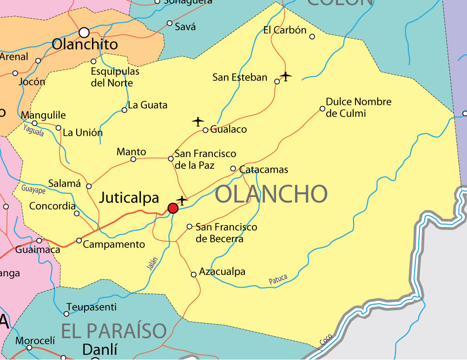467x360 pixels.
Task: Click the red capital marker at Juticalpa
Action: pyautogui.click(x=173, y=208)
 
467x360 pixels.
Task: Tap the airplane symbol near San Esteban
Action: pyautogui.click(x=286, y=76)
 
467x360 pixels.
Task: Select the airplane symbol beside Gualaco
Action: pyautogui.click(x=198, y=122)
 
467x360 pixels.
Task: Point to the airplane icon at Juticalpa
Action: pyautogui.click(x=182, y=201)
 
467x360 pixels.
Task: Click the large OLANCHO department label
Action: pyautogui.click(x=271, y=194)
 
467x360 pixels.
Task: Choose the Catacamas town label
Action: pyautogui.click(x=263, y=170)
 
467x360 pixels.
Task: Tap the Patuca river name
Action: pyautogui.click(x=278, y=279)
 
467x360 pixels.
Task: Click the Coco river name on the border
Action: pyautogui.click(x=326, y=340)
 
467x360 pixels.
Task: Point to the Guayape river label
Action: pyautogui.click(x=33, y=189)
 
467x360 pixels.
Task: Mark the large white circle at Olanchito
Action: pyautogui.click(x=84, y=33)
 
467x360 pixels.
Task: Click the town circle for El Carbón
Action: pyautogui.click(x=312, y=37)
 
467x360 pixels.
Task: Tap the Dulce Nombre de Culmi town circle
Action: pyautogui.click(x=322, y=109)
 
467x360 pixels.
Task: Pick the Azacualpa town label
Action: pyautogui.click(x=222, y=272)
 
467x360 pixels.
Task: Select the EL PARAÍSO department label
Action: pyautogui.click(x=114, y=331)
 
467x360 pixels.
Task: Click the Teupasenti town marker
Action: pyautogui.click(x=66, y=314)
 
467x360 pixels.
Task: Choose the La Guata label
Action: pyautogui.click(x=147, y=105)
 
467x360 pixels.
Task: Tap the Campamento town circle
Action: pyautogui.click(x=79, y=241)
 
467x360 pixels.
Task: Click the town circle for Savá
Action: pyautogui.click(x=170, y=23)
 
